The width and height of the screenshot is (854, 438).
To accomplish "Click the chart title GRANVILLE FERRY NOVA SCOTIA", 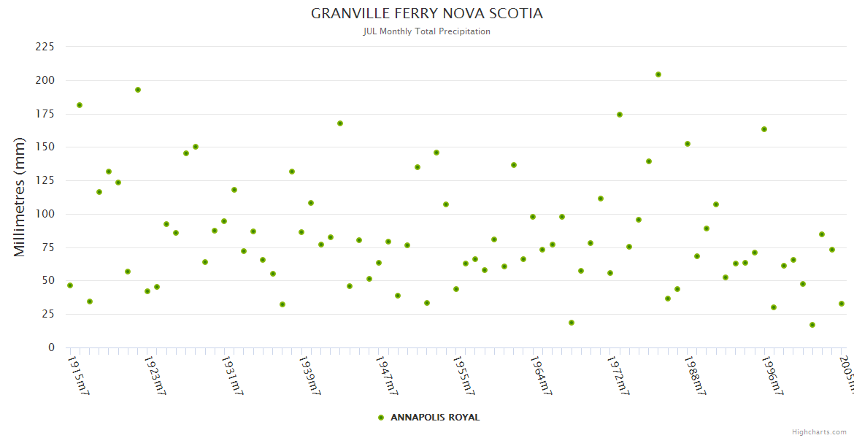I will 427,14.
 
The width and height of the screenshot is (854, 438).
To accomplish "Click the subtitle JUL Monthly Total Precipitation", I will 427,31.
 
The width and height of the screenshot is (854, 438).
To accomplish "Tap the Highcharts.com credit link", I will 819,432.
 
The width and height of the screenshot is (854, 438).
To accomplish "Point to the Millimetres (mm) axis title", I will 20,197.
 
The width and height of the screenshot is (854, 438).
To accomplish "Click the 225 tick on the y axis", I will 45,47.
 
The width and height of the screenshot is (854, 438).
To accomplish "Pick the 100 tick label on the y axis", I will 45,214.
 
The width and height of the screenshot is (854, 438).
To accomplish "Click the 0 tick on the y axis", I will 51,347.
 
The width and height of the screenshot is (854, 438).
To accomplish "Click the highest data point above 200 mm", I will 658,74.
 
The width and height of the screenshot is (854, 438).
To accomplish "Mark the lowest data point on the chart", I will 812,325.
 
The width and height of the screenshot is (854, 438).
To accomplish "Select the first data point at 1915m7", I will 70,285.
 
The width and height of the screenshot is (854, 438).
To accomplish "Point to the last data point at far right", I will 842,304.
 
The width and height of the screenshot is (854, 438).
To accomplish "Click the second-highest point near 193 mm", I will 138,90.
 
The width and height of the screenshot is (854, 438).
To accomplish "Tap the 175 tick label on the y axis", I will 45,114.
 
